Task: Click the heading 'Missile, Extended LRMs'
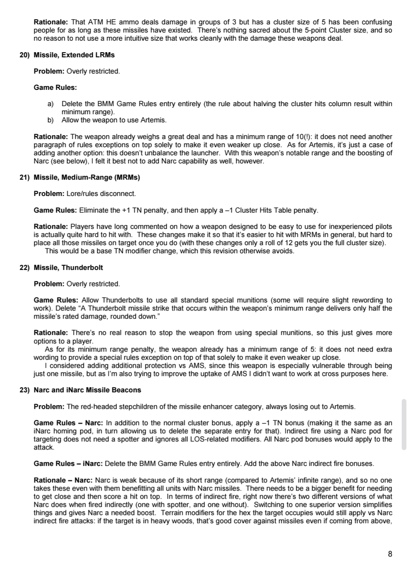tap(74, 55)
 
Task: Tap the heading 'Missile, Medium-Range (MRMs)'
tap(87, 177)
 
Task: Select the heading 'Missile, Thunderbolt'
tap(68, 268)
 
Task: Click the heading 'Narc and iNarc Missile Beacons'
tap(87, 390)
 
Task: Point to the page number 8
tap(390, 554)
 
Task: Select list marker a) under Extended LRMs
tap(50, 104)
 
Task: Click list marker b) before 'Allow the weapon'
tap(50, 120)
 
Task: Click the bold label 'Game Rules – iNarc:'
tap(68, 464)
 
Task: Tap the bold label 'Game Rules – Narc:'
tap(69, 423)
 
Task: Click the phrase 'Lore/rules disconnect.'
tap(101, 194)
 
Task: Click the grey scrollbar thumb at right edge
tap(404, 424)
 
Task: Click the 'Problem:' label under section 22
tap(49, 284)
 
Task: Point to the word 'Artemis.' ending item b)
tap(154, 120)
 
